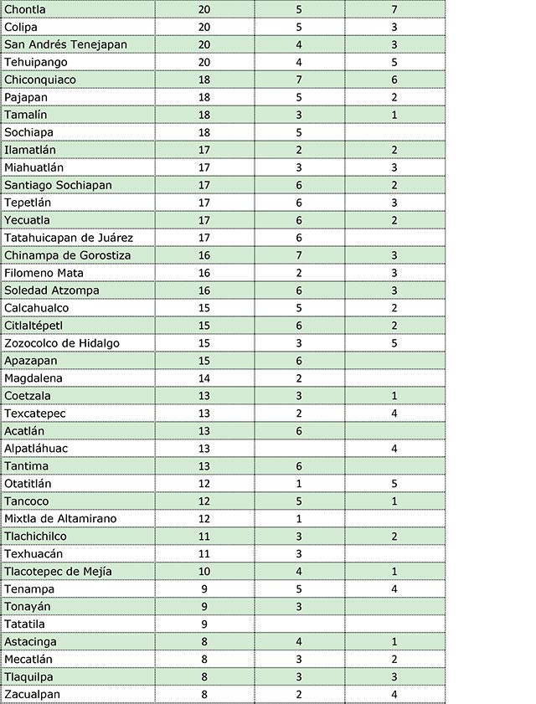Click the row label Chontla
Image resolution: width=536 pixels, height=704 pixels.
(x=25, y=9)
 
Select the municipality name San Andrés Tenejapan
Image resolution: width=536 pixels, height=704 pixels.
(x=65, y=44)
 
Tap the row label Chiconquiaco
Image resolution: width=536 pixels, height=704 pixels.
(x=40, y=80)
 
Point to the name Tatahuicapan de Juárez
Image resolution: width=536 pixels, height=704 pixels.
(x=69, y=238)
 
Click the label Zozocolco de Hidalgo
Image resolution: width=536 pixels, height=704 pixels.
(x=62, y=343)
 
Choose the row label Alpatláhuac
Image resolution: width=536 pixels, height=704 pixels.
(x=36, y=449)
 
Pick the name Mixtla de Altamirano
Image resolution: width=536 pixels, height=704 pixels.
(x=60, y=519)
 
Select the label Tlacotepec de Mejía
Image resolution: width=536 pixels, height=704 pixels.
(x=58, y=572)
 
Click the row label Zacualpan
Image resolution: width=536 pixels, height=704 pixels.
(x=32, y=695)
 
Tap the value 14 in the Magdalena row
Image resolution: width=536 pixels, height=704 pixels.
(x=204, y=378)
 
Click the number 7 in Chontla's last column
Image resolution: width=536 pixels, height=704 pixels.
(x=394, y=9)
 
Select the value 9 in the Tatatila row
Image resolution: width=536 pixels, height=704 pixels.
(x=204, y=624)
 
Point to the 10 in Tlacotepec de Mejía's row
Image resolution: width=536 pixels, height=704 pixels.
(x=204, y=572)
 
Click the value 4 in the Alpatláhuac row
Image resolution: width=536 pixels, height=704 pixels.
(x=394, y=449)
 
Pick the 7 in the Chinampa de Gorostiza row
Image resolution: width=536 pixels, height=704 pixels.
(x=299, y=255)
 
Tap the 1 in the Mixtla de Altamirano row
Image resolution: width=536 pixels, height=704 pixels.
(x=299, y=519)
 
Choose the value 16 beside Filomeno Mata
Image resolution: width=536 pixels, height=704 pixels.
(x=204, y=273)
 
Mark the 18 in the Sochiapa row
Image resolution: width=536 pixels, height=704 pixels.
(x=204, y=132)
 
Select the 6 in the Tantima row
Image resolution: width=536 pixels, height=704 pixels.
(x=299, y=466)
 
